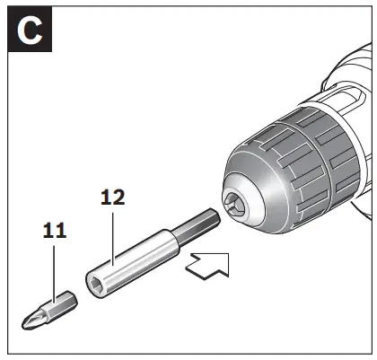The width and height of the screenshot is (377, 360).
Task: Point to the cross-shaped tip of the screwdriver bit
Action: pos(28,317)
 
